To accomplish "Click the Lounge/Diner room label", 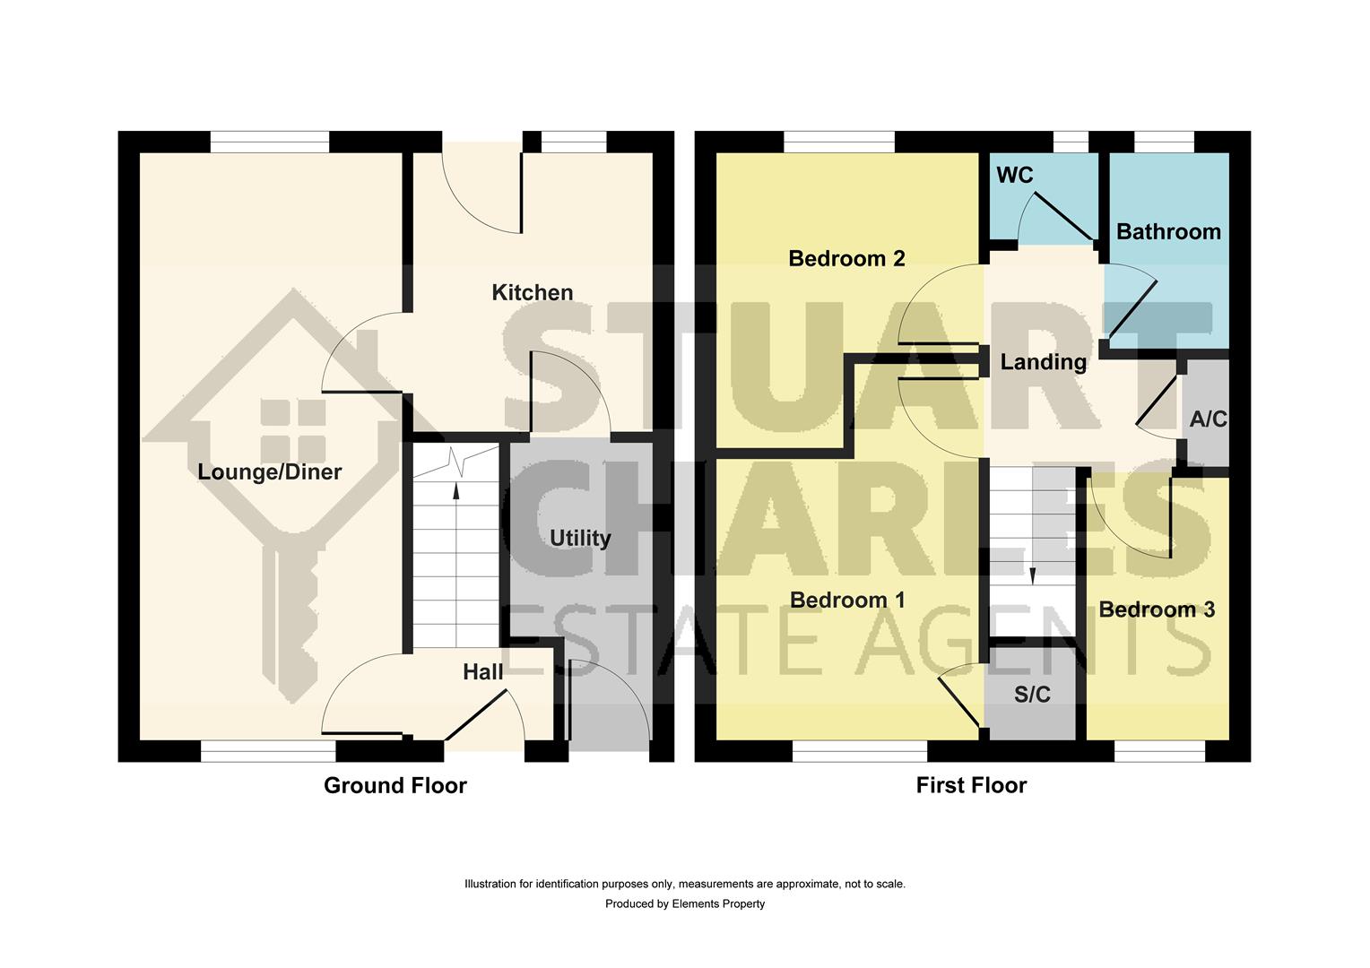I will [x=269, y=472].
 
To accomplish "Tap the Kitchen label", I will [x=532, y=292].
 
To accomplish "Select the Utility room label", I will [x=579, y=538].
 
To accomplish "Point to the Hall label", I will [x=482, y=671].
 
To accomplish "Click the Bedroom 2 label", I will [x=846, y=258].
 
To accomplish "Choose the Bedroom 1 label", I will [x=846, y=600].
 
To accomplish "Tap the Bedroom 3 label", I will [x=1157, y=609].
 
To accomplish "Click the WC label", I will [x=1014, y=175].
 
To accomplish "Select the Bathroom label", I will [x=1168, y=231].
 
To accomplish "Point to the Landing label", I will [x=1043, y=362].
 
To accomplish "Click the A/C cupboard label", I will [x=1208, y=419].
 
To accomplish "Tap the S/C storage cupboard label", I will [x=1031, y=695].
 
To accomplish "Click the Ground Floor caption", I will [x=395, y=786].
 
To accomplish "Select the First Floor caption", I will [x=971, y=786].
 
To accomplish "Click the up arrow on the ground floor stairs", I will [x=456, y=489].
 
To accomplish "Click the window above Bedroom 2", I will [x=838, y=142].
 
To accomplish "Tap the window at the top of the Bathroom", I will [x=1164, y=142].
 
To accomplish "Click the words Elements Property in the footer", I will [x=718, y=903].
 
